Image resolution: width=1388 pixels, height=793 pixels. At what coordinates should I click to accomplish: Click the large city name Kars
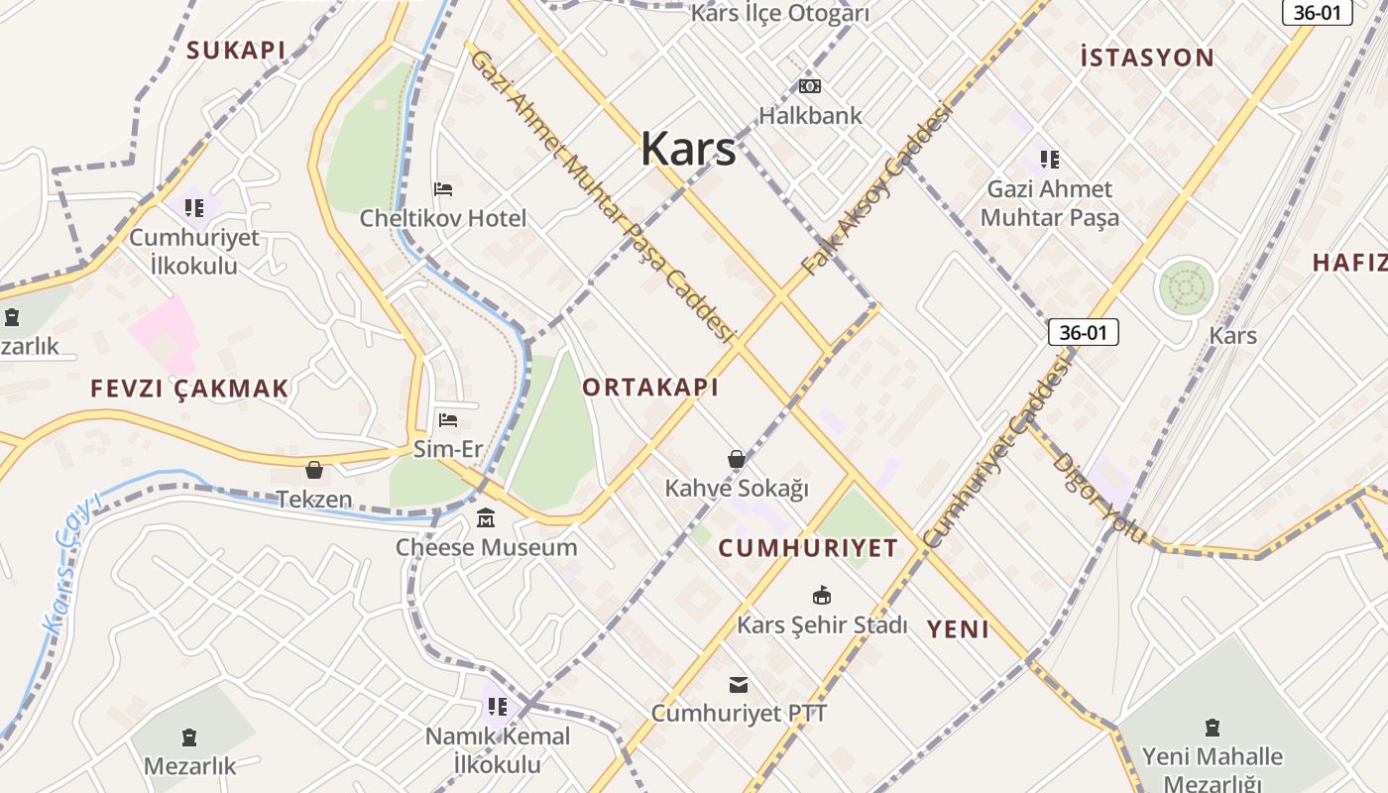(x=688, y=149)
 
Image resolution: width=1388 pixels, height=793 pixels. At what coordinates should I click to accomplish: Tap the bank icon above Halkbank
(x=810, y=86)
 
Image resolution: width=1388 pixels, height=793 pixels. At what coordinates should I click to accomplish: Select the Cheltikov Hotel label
(x=443, y=217)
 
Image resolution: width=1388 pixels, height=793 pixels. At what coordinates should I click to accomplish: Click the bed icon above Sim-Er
(x=448, y=420)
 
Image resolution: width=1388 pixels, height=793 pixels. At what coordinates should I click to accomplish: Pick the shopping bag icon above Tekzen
(x=314, y=470)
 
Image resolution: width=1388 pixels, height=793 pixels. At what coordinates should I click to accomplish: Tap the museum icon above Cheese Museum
(x=486, y=518)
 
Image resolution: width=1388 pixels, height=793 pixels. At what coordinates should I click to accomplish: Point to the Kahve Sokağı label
(x=737, y=488)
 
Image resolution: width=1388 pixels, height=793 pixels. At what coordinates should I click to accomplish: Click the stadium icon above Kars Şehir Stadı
(x=822, y=596)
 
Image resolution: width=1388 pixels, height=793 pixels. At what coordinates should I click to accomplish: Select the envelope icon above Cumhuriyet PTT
(x=739, y=684)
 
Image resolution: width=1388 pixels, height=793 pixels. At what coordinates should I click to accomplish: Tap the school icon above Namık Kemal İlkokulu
(x=498, y=707)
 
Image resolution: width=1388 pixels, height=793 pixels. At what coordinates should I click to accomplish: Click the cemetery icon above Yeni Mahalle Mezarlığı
(x=1212, y=728)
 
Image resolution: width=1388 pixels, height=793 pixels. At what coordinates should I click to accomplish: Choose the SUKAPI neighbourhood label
(x=236, y=50)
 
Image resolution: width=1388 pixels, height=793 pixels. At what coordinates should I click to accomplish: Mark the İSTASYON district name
(x=1147, y=57)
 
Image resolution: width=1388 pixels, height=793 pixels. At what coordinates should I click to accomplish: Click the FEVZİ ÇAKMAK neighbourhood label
(x=189, y=389)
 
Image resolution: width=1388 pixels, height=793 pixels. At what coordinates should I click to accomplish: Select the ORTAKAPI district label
(x=650, y=388)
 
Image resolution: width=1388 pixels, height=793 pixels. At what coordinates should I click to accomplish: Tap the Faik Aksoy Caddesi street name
(x=875, y=188)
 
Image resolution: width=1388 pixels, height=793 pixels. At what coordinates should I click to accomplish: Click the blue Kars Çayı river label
(x=71, y=562)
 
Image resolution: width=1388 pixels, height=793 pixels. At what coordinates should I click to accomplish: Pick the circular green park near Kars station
(x=1186, y=288)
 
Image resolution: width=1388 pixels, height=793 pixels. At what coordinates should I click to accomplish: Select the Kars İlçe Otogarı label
(x=779, y=14)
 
